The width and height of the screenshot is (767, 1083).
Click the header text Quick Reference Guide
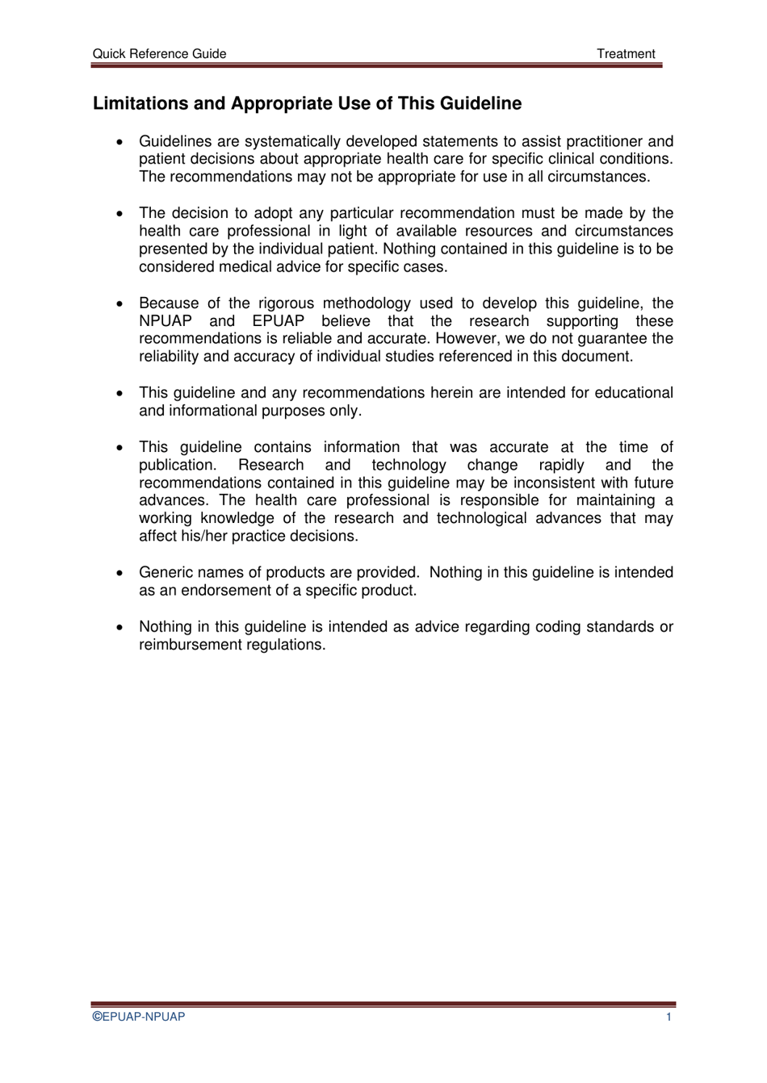[159, 54]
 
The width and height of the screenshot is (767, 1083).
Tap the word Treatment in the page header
[626, 54]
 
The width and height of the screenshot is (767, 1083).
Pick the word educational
[634, 393]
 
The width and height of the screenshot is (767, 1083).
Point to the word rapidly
[561, 466]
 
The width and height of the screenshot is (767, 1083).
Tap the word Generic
[164, 573]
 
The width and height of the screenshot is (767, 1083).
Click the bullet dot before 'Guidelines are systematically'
[119, 142]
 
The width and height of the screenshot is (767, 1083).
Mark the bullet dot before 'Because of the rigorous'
[119, 304]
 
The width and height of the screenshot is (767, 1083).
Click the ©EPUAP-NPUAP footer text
[138, 1017]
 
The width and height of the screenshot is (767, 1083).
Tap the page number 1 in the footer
[669, 1017]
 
